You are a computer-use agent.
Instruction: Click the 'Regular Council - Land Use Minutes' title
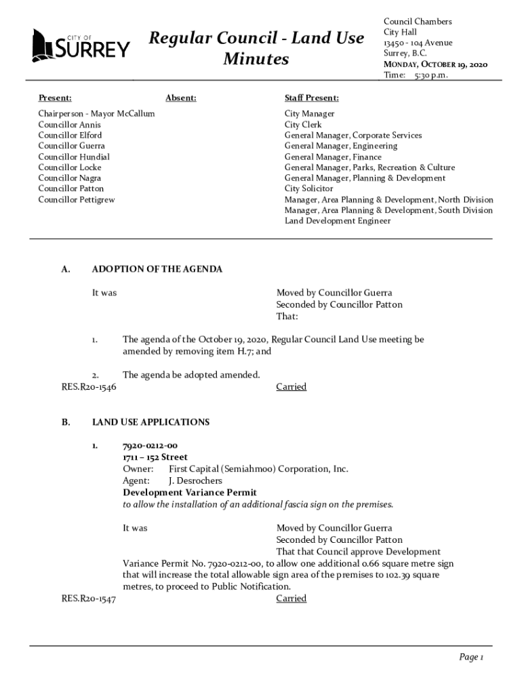point(256,49)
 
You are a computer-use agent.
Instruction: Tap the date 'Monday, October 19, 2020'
point(435,64)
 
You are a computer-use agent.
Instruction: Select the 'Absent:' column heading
point(180,98)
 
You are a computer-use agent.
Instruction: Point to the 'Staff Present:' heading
point(312,98)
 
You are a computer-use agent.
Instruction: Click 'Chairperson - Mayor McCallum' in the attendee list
point(96,114)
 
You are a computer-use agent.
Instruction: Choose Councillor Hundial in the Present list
point(74,157)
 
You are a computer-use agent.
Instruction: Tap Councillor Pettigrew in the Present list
point(77,199)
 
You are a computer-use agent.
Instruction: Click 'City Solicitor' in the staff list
point(308,188)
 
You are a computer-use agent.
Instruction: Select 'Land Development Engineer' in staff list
point(337,221)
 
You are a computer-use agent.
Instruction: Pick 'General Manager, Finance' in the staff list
point(333,157)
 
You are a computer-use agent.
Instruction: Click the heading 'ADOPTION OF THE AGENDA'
point(157,269)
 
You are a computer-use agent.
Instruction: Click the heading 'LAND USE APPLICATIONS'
point(150,422)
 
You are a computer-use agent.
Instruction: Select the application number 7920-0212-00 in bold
point(150,446)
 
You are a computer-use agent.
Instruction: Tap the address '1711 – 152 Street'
point(155,457)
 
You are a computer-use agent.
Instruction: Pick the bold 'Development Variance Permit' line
point(189,493)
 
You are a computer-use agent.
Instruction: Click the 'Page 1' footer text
point(470,657)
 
